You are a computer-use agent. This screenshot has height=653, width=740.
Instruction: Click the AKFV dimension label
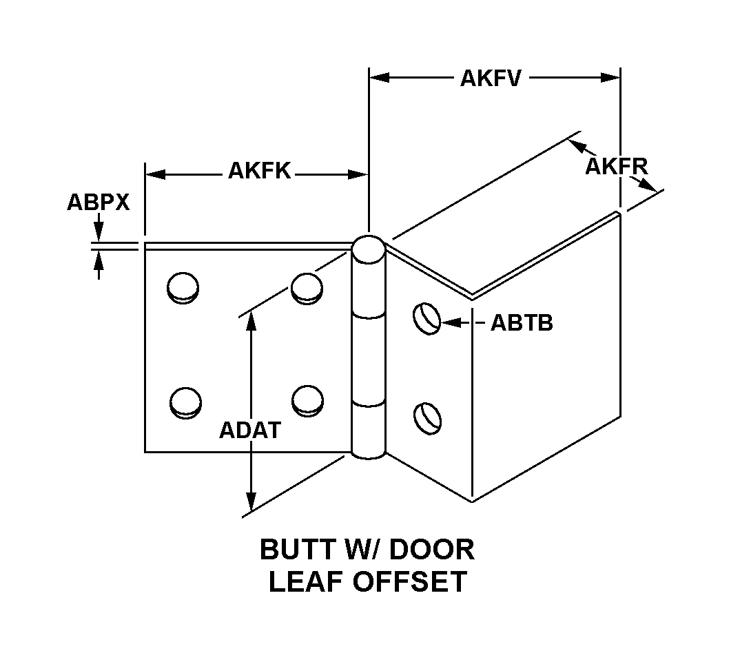tap(490, 78)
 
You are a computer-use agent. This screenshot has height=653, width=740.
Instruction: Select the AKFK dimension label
tap(259, 172)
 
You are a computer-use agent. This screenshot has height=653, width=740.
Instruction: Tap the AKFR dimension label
tap(617, 166)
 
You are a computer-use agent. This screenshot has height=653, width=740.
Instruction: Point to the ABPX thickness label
tap(99, 203)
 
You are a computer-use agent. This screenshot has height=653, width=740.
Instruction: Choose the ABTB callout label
tap(522, 323)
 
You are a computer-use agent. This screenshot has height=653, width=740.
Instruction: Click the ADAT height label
tap(250, 429)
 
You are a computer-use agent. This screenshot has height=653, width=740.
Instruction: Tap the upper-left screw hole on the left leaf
tap(183, 287)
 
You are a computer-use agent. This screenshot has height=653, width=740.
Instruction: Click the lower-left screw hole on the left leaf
tap(185, 402)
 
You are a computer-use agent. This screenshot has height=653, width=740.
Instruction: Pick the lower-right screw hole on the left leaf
tap(307, 400)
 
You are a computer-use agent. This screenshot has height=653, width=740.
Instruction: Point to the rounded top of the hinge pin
tap(369, 248)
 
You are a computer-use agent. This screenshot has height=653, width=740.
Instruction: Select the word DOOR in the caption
tap(431, 550)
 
